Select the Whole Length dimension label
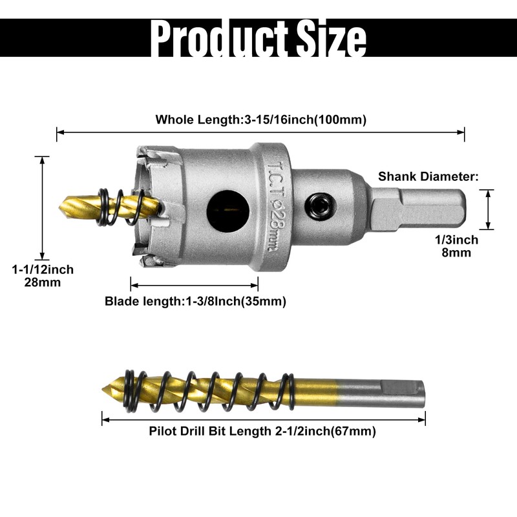coord(261,120)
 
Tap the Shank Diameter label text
coord(428,176)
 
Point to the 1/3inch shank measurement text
coord(456,240)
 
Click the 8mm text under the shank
coord(456,253)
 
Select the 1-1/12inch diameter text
coord(43,269)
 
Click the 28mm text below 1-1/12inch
coord(43,282)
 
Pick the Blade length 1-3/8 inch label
coord(195,301)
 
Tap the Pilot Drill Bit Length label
coord(262,431)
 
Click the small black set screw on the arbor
coord(319,206)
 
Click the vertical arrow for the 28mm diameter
coord(43,207)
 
